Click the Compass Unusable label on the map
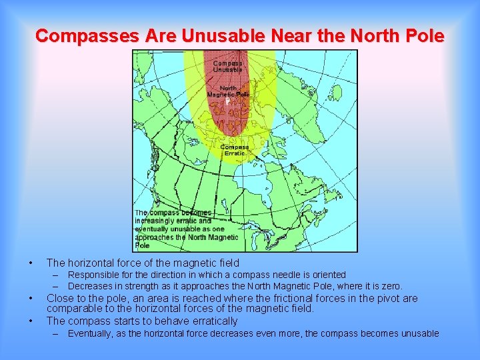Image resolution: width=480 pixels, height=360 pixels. tap(227, 66)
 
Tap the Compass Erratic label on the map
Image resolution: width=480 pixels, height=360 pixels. tap(235, 150)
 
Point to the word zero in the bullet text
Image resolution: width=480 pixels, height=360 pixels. tap(389, 286)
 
